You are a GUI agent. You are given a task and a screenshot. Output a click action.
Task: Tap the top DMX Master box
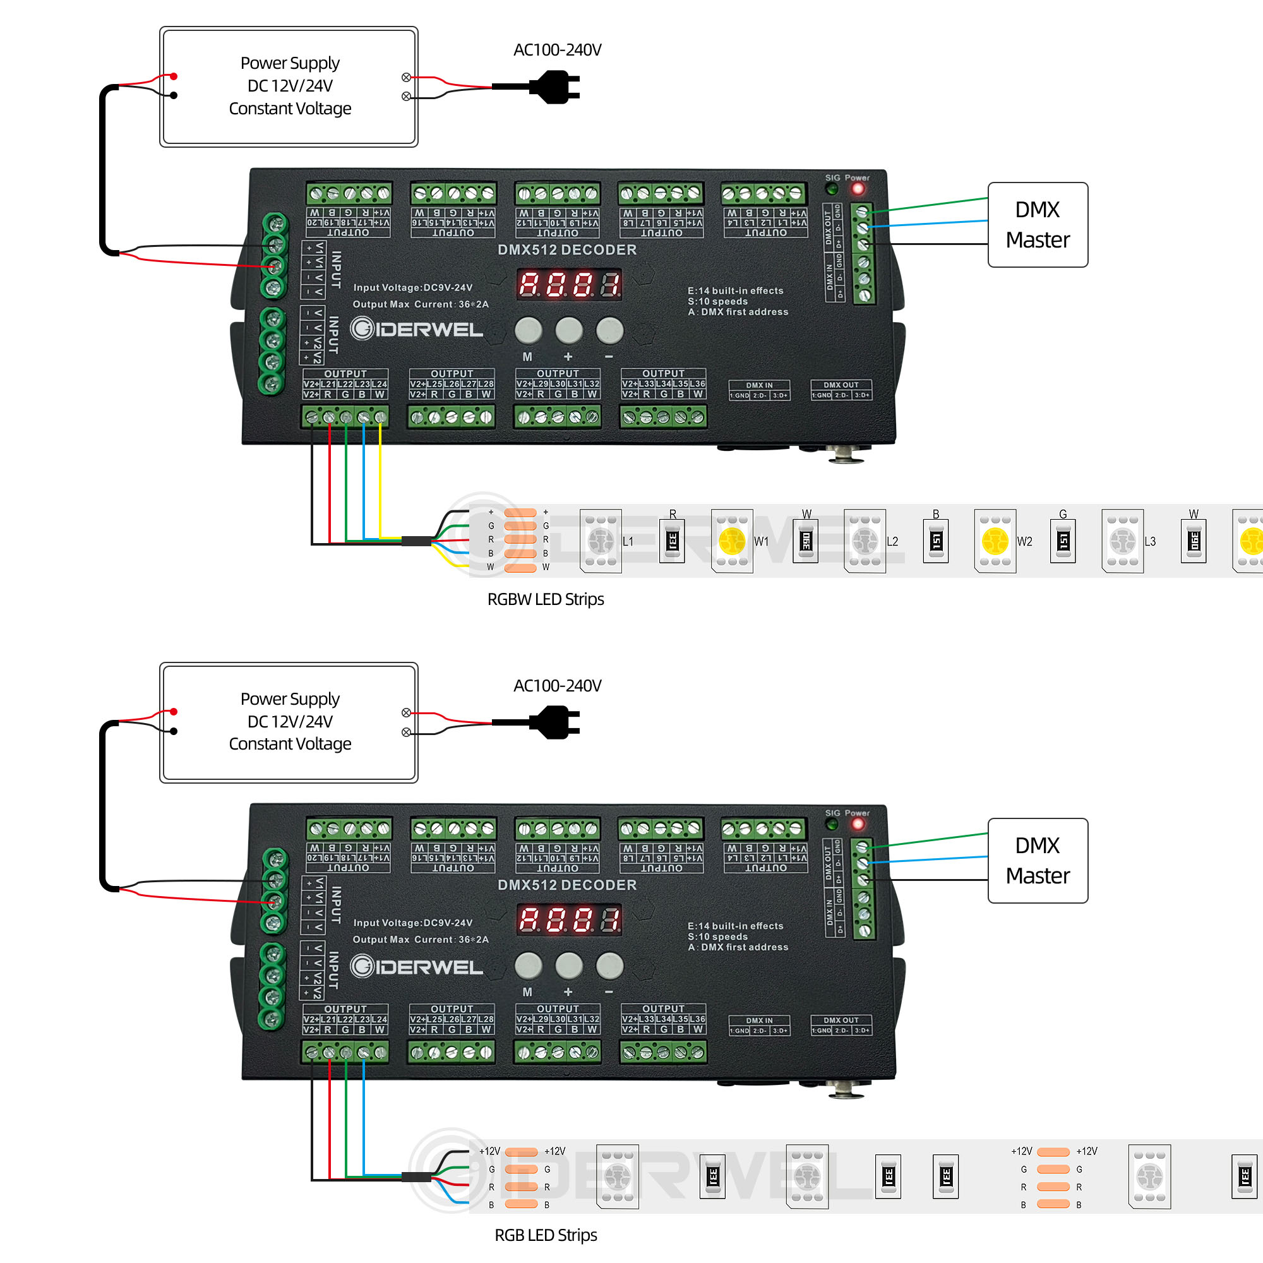click(1038, 224)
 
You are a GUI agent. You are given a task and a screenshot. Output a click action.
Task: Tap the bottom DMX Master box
click(1038, 860)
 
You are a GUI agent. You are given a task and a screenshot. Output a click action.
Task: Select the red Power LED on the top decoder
click(858, 189)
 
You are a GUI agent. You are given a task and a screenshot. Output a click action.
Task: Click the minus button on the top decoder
click(609, 330)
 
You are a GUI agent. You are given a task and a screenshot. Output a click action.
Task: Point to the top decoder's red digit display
click(569, 284)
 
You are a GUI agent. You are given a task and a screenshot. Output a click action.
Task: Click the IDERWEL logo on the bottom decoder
click(416, 966)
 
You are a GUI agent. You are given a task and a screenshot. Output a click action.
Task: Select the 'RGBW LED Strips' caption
click(545, 599)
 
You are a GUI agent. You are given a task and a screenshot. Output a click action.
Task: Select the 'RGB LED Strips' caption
click(545, 1235)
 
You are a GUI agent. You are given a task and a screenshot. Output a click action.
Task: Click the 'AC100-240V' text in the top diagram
click(557, 50)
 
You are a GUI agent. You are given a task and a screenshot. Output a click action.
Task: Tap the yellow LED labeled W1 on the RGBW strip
click(731, 541)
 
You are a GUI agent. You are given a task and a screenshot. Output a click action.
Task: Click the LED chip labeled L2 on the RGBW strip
click(865, 541)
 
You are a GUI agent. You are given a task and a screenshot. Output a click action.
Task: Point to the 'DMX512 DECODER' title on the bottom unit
click(567, 885)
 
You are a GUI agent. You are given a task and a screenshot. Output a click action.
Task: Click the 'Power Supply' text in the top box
click(290, 63)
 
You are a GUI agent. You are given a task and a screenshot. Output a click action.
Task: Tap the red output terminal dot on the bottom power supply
click(174, 711)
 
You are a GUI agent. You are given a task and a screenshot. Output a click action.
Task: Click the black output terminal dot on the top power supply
click(174, 95)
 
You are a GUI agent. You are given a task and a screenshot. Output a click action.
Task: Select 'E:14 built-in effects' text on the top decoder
click(735, 290)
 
